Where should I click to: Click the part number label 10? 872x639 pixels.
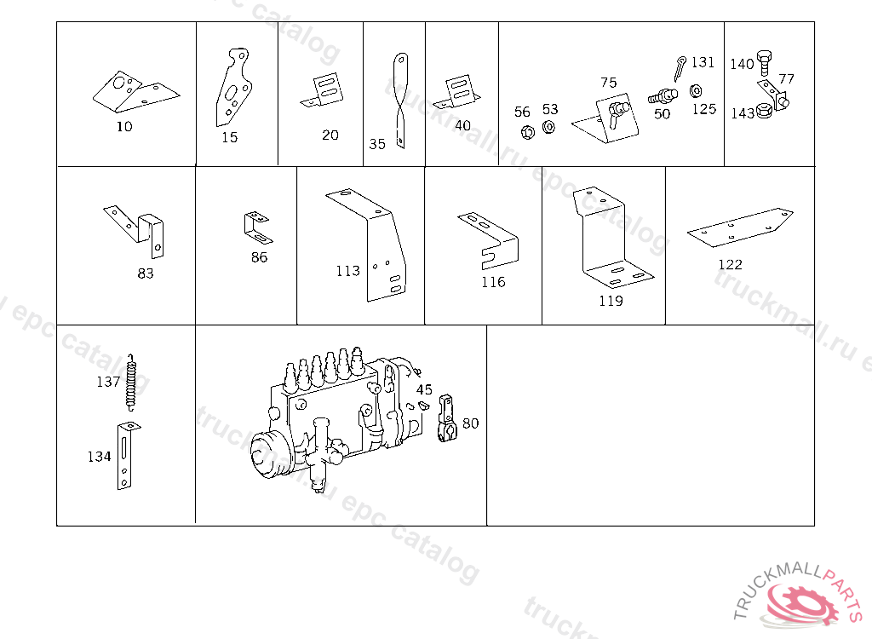(124, 127)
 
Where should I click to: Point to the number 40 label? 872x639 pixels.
(462, 125)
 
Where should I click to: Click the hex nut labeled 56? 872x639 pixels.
(527, 131)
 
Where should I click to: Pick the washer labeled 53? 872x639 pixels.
(548, 127)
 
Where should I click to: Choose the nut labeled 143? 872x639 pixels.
(765, 111)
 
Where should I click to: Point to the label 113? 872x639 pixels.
(347, 271)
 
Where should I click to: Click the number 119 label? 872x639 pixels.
(611, 301)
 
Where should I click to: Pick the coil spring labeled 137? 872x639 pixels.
(130, 382)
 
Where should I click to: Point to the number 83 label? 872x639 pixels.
(146, 273)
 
